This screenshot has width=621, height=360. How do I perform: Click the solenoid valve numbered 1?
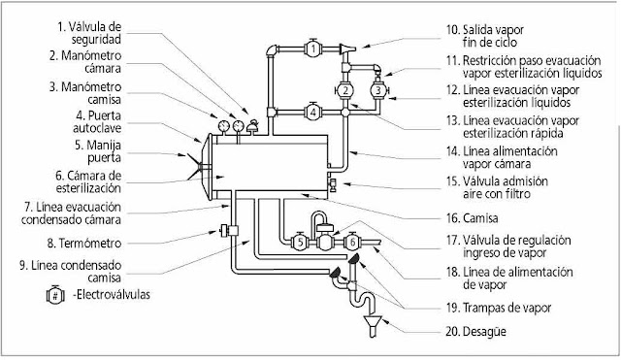[313, 49]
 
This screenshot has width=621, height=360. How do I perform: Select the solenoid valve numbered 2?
[345, 90]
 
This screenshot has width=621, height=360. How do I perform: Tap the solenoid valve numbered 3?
[378, 90]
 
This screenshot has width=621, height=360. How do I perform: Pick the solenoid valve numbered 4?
[313, 113]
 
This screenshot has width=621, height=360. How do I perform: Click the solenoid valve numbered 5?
[300, 242]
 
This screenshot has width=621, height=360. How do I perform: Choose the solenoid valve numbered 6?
[352, 242]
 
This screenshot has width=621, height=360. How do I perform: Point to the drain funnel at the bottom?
[373, 326]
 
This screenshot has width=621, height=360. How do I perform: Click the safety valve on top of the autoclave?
[252, 126]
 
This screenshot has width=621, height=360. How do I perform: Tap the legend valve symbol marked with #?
[55, 295]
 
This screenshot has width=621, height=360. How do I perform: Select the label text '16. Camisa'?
[473, 218]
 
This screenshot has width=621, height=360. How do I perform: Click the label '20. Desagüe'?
[475, 331]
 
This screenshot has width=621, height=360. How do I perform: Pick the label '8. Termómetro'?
[84, 243]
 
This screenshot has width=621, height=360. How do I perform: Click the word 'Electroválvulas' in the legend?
[114, 295]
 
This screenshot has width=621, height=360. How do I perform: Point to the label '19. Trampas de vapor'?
[499, 308]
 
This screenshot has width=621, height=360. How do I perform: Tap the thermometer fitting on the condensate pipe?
[229, 231]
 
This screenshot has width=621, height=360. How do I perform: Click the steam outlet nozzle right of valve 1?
[347, 49]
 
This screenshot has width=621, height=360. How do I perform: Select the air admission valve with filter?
[333, 184]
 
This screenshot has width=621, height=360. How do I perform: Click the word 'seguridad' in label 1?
[96, 40]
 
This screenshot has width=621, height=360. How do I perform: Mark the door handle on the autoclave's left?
[194, 167]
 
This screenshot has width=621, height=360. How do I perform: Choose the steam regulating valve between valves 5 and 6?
[325, 237]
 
